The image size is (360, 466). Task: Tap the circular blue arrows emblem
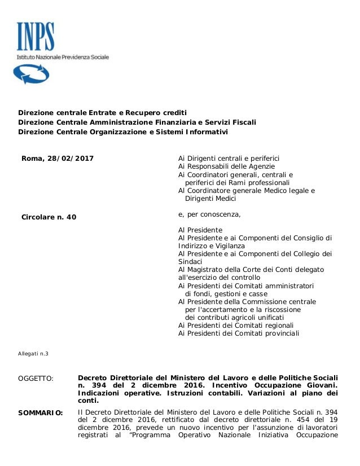click(x=27, y=73)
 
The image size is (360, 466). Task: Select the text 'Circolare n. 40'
click(x=49, y=217)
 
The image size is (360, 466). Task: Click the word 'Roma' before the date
click(x=31, y=159)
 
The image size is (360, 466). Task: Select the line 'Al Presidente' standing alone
click(x=200, y=230)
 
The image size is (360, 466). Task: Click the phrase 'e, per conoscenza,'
click(x=209, y=214)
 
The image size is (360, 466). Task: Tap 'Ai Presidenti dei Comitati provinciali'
click(x=239, y=333)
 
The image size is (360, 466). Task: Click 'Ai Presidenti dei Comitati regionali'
click(x=236, y=325)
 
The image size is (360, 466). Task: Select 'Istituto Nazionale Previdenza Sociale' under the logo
click(x=62, y=57)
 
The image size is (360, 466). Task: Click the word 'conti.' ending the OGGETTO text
click(x=87, y=401)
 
